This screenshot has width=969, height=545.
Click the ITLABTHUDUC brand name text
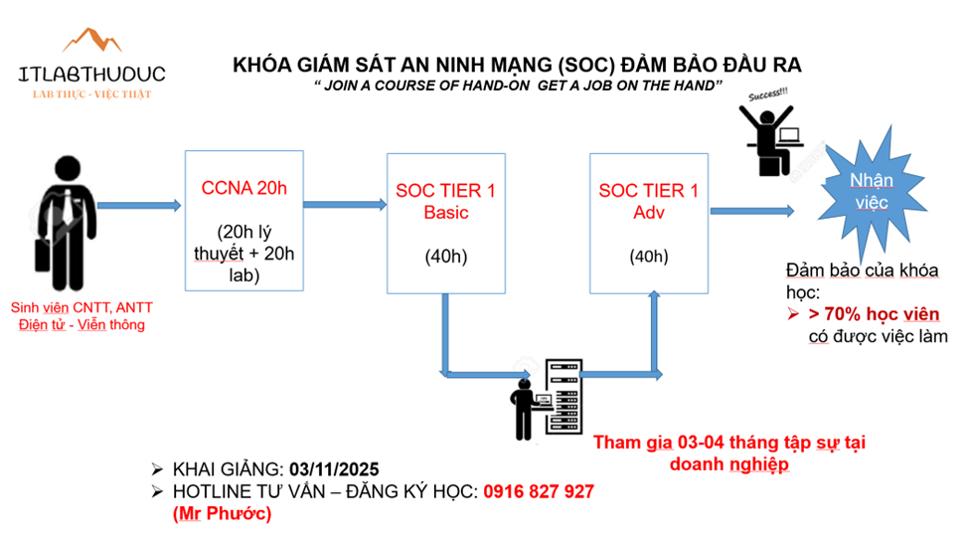click(91, 74)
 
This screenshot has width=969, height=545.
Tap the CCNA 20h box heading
click(243, 188)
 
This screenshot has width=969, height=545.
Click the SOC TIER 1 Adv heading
click(648, 200)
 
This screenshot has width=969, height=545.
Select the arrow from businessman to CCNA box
click(138, 206)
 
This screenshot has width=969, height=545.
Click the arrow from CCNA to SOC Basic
click(344, 205)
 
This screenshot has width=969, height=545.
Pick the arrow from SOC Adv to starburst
click(751, 210)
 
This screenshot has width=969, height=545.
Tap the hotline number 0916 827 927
click(539, 491)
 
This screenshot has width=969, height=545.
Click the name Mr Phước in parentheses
click(221, 513)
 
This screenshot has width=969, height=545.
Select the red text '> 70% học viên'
click(874, 314)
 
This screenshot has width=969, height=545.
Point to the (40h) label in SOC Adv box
click(648, 257)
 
